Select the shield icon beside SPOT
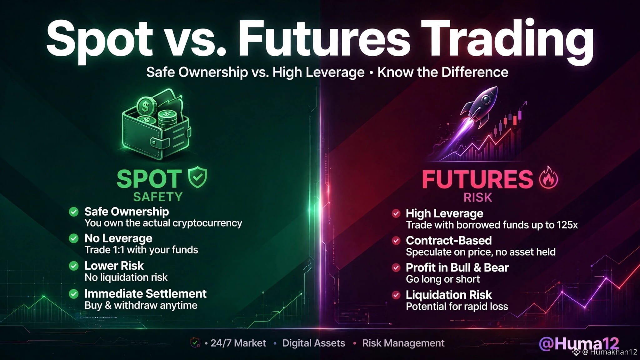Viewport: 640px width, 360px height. click(197, 177)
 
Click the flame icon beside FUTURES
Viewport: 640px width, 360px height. click(549, 177)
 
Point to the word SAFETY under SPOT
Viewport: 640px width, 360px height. click(158, 197)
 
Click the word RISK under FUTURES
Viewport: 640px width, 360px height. click(478, 197)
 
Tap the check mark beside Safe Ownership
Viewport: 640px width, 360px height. click(74, 212)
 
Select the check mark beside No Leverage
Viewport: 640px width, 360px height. click(74, 239)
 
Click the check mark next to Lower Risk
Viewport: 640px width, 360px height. click(74, 266)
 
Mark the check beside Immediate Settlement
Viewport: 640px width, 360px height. click(74, 294)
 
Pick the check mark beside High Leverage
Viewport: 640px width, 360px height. click(396, 213)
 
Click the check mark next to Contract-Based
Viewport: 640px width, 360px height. click(396, 241)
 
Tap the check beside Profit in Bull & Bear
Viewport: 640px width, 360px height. click(396, 268)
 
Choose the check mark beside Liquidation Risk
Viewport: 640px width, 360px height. click(396, 295)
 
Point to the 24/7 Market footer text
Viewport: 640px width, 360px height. click(238, 343)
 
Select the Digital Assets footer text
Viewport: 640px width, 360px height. click(314, 343)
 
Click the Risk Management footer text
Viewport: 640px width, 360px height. click(403, 343)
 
